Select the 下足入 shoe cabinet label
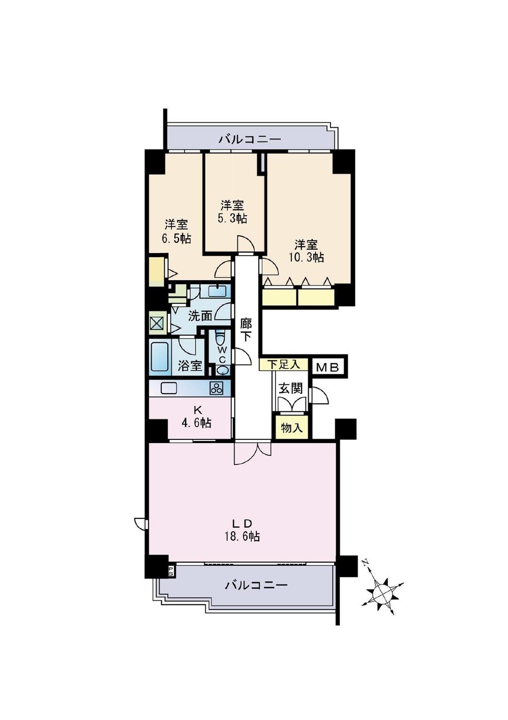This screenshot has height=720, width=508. pos(283,365)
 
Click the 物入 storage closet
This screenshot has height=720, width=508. pos(292,428)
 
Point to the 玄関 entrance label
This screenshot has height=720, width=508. pos(291,388)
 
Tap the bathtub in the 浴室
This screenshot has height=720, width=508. pos(160,356)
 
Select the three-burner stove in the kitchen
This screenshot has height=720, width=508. pos(217,388)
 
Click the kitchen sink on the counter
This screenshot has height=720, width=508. pos(169,388)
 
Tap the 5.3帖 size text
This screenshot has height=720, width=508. pos(233,218)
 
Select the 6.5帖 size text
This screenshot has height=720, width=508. pos(176,238)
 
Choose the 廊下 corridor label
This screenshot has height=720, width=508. pos(246,329)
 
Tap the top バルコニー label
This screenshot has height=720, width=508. pos(250,139)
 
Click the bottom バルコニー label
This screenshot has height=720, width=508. pos(256,585)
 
